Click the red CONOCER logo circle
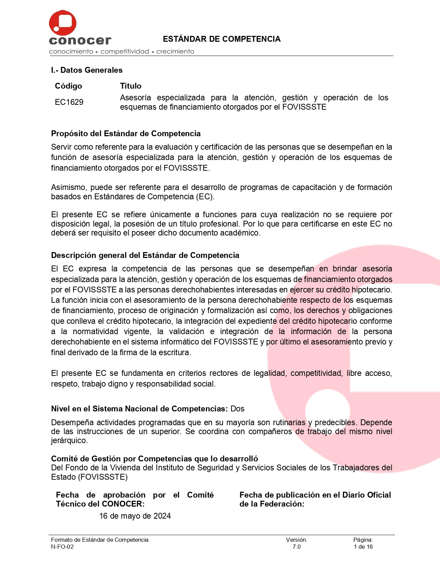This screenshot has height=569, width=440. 62,23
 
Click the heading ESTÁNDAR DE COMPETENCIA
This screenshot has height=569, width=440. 222,39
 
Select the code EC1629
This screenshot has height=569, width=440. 69,102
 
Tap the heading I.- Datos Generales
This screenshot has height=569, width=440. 87,70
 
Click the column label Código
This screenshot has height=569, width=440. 68,86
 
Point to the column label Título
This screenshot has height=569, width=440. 130,86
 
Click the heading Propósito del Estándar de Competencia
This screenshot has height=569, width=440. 126,133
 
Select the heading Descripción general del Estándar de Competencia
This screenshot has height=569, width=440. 145,255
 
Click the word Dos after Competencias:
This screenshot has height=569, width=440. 237,409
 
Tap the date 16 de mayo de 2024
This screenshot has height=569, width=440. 135,516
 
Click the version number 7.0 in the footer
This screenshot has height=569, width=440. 296,547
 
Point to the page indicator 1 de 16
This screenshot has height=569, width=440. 363,547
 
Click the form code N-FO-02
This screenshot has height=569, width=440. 62,547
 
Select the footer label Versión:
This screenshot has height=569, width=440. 296,540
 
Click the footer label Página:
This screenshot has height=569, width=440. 363,540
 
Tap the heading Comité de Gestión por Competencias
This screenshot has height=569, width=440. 154,459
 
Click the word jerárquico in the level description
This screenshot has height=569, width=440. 69,440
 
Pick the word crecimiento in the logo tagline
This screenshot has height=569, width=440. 175,51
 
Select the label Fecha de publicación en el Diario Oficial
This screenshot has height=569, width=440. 315,495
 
